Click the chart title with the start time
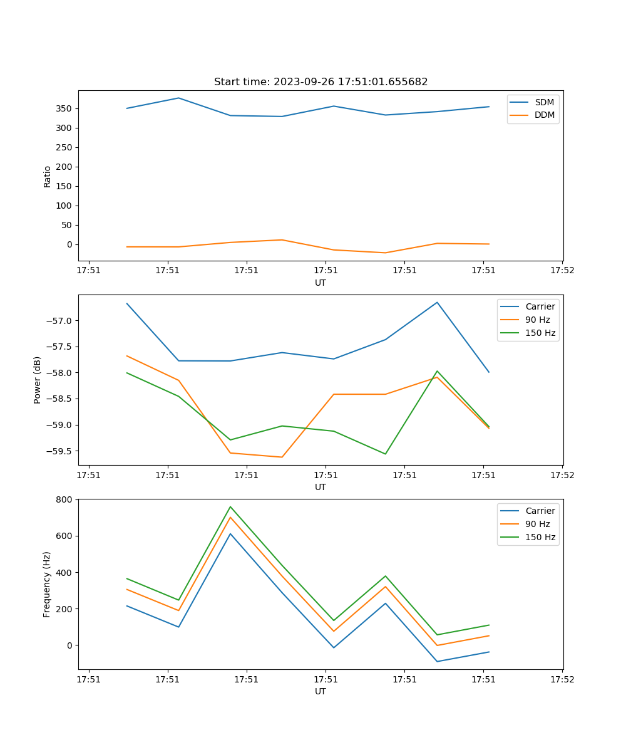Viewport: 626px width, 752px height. click(321, 82)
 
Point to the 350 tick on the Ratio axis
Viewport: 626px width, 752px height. click(64, 108)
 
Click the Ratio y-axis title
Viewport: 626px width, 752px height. click(48, 176)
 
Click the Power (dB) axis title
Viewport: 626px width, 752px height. click(38, 380)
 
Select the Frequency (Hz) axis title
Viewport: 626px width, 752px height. click(47, 584)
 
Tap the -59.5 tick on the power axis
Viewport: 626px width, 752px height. click(60, 451)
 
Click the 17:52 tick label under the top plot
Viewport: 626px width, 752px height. click(562, 271)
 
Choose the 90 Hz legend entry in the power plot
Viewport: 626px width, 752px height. click(538, 320)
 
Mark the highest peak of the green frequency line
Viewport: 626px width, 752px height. click(230, 506)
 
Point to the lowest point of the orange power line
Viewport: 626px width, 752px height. click(282, 457)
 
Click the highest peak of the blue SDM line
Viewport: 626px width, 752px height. click(178, 98)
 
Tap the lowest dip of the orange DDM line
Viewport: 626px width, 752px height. click(385, 253)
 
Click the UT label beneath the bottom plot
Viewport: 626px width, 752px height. click(321, 691)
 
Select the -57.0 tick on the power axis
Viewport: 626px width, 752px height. click(60, 321)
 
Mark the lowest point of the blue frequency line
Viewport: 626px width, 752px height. click(437, 661)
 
